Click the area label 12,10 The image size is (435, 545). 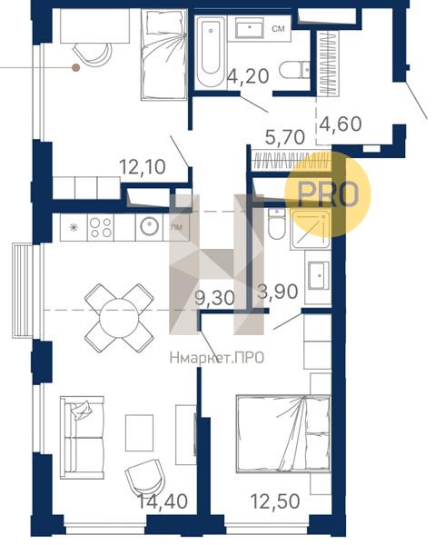(x=143, y=167)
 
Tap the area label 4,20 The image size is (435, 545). (x=248, y=76)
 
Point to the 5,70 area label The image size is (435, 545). (x=285, y=137)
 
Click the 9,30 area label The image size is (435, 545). (x=214, y=298)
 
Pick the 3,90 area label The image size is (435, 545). (x=277, y=292)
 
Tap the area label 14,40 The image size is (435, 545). (x=163, y=501)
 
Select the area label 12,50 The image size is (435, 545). (x=275, y=501)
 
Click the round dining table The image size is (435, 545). (x=119, y=318)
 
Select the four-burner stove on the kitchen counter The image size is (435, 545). (x=101, y=228)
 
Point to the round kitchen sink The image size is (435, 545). (x=150, y=226)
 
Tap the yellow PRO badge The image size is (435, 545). (x=328, y=194)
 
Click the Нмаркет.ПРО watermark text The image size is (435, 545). (x=217, y=358)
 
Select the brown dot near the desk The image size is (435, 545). (x=75, y=67)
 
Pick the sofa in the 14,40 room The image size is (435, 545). (x=82, y=438)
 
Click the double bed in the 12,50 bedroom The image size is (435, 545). (x=283, y=433)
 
